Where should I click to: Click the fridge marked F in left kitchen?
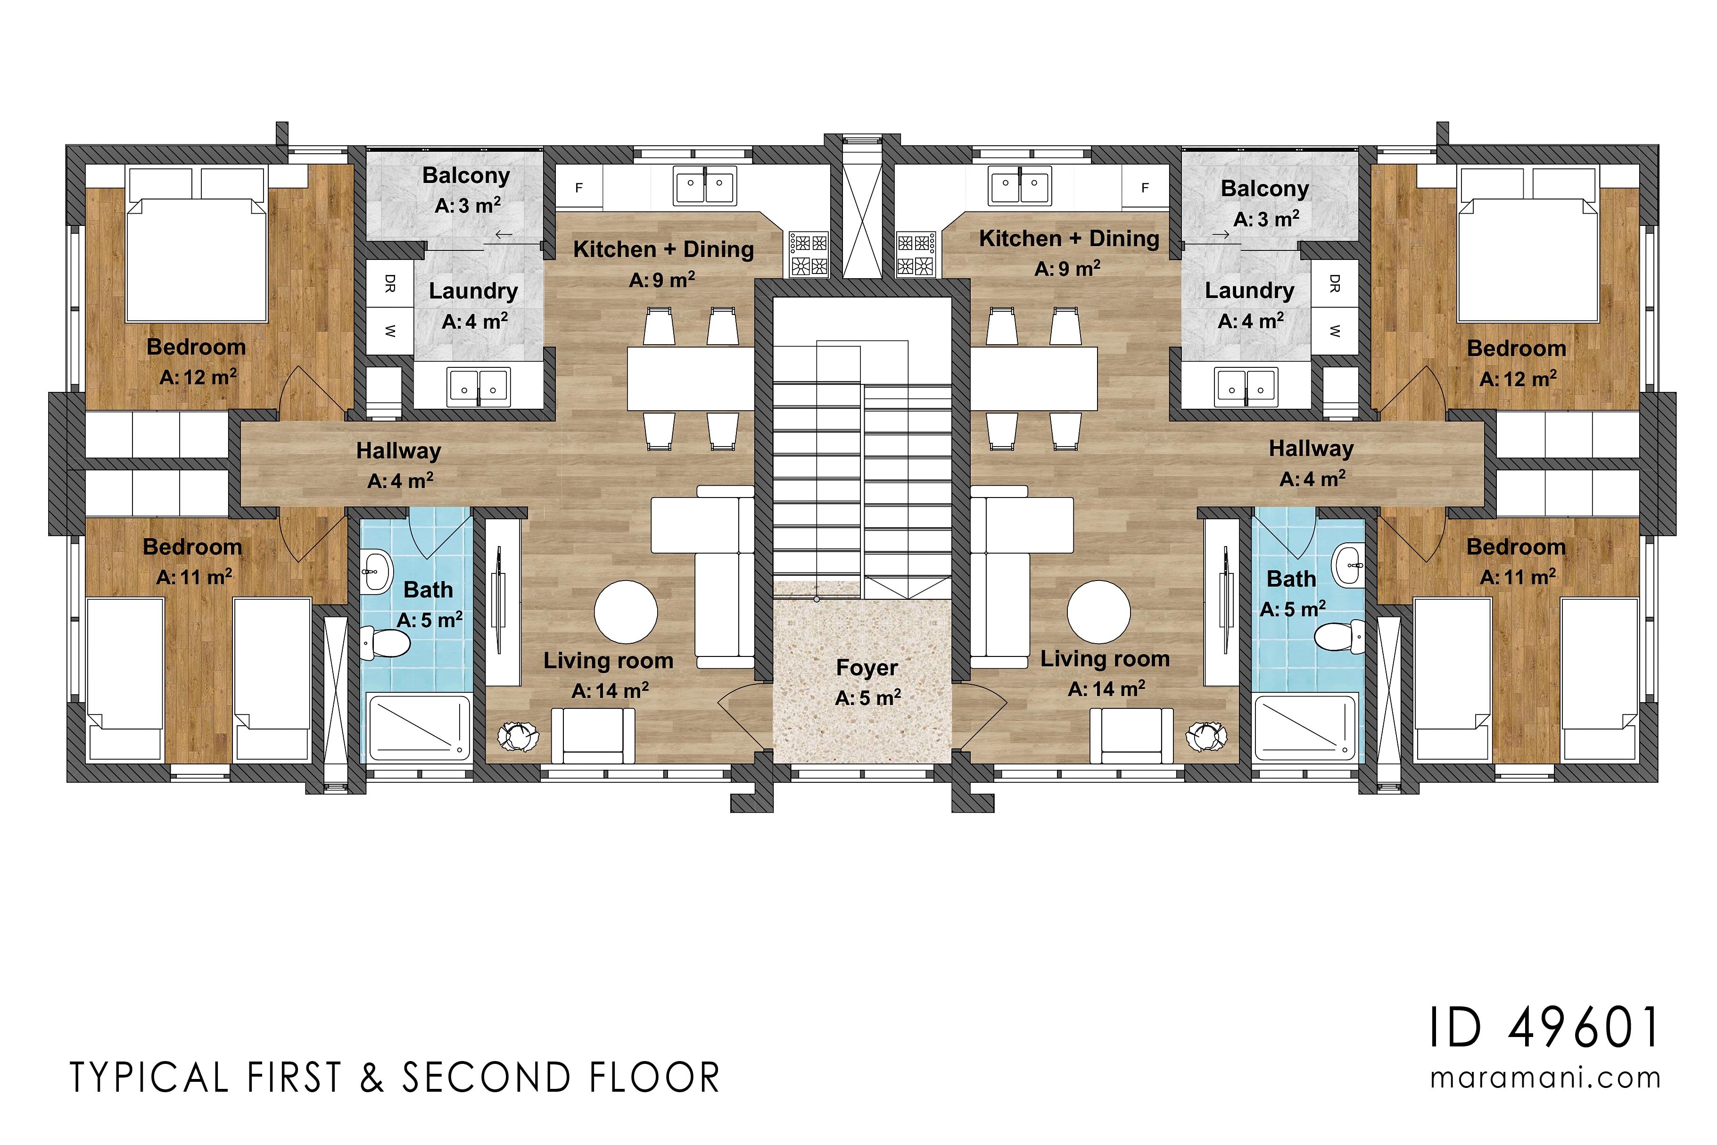tap(579, 188)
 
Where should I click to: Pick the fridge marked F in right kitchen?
tap(1145, 188)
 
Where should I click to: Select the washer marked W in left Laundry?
tap(390, 331)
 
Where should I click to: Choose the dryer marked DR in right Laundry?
tap(1335, 283)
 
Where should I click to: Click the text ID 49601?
tap(1543, 1028)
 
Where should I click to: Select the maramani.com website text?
tap(1545, 1078)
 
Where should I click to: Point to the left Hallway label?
tap(398, 451)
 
